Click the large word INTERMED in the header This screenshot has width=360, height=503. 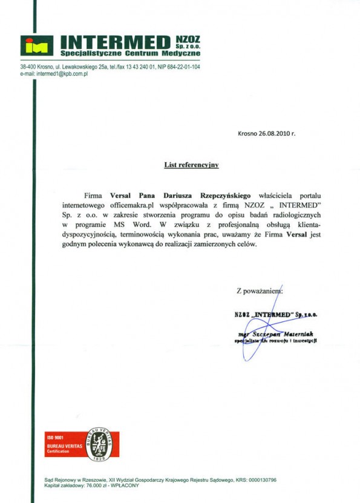pos(116,42)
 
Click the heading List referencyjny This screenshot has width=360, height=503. pos(191,164)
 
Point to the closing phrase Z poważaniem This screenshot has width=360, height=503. pos(260,291)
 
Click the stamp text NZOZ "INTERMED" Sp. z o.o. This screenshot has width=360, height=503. pos(275,314)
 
